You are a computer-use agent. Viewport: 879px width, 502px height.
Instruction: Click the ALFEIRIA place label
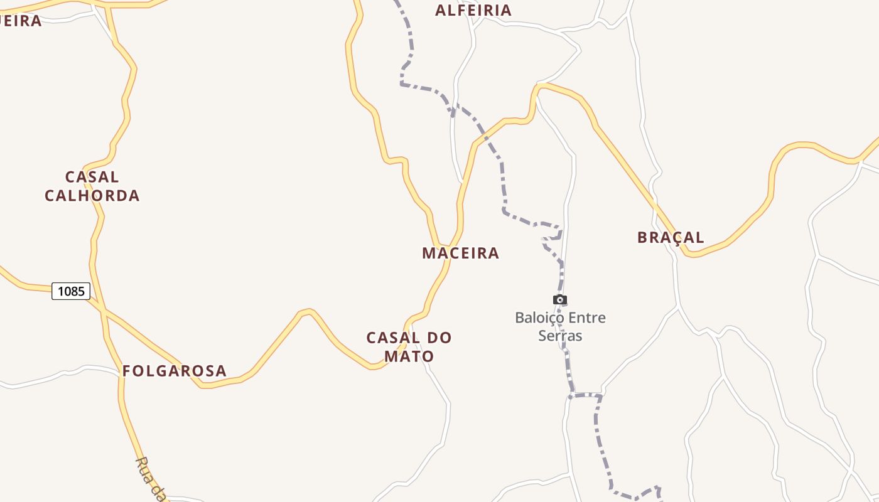tap(473, 10)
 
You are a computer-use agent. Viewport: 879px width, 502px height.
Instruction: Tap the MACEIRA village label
tap(460, 253)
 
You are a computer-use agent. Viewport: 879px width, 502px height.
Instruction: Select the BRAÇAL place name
tap(671, 237)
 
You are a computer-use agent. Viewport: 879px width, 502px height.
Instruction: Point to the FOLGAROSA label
tap(174, 371)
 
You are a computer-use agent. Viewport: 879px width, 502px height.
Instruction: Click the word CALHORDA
tap(92, 195)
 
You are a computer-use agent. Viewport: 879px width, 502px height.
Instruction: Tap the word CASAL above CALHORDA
tap(92, 177)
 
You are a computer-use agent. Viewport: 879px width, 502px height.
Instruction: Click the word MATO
tap(409, 356)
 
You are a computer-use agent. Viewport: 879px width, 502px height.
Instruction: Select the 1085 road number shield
tap(71, 291)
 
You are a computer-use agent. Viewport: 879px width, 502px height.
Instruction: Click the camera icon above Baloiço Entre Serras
tap(560, 300)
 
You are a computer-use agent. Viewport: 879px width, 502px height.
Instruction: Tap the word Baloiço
tap(538, 318)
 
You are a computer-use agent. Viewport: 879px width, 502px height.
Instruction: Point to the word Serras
tap(560, 336)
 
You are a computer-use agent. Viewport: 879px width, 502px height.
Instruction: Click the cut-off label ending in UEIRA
tap(20, 21)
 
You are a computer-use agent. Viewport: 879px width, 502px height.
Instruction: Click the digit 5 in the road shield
tap(81, 291)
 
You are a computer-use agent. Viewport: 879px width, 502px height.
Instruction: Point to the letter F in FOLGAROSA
tap(127, 371)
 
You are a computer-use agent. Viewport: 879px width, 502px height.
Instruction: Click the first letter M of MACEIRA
tap(429, 253)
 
